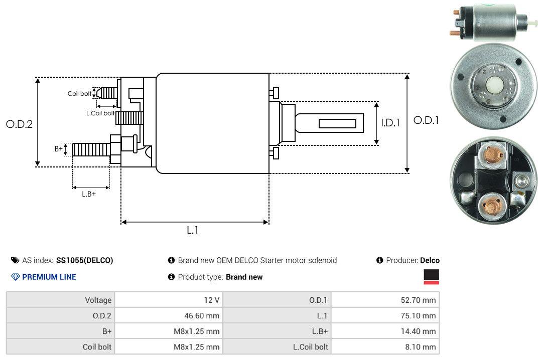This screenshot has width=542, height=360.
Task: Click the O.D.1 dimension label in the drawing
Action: [x=426, y=120]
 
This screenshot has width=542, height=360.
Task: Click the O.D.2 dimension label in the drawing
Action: [x=19, y=124]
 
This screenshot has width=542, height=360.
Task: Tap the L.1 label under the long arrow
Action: [x=193, y=231]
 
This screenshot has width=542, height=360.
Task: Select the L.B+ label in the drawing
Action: [x=89, y=194]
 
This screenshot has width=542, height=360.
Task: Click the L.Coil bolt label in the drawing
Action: [x=100, y=113]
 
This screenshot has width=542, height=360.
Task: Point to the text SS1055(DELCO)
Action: [x=84, y=260]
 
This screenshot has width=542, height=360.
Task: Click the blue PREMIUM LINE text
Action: [x=49, y=277]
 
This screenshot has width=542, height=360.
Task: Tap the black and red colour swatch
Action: [x=431, y=277]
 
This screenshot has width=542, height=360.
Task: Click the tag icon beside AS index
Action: [x=15, y=260]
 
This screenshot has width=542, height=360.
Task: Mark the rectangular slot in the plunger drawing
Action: [x=337, y=123]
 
